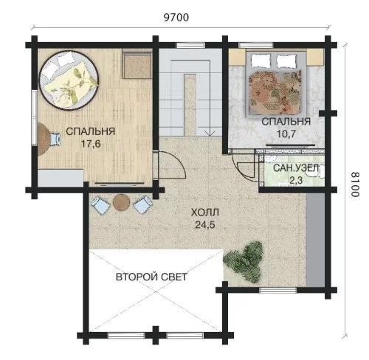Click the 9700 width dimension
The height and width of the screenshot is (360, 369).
coord(176,18)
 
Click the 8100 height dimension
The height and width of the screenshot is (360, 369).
coord(355,184)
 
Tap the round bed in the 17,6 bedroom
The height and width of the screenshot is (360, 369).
coord(69,80)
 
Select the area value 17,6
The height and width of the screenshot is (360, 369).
coord(91,144)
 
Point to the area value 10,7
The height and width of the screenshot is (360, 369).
coord(286,134)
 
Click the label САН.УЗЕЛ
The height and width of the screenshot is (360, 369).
coord(294,168)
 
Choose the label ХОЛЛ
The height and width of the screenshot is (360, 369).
coord(205,212)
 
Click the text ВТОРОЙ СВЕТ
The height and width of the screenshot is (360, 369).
coord(151,277)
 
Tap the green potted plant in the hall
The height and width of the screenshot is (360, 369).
coord(244,262)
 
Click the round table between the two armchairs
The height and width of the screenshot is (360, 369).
coord(121,203)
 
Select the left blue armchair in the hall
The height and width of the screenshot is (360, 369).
coord(100,205)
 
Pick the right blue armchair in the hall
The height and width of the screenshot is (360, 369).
coord(142,204)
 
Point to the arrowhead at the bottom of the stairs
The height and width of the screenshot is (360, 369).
coord(210,134)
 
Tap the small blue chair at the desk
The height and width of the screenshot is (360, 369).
coord(55,139)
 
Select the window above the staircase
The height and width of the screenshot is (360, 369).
coord(190,45)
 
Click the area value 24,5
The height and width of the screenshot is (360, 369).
coord(205,225)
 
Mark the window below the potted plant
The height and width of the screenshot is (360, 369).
coord(278,290)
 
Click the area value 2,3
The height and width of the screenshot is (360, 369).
coord(296,181)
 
